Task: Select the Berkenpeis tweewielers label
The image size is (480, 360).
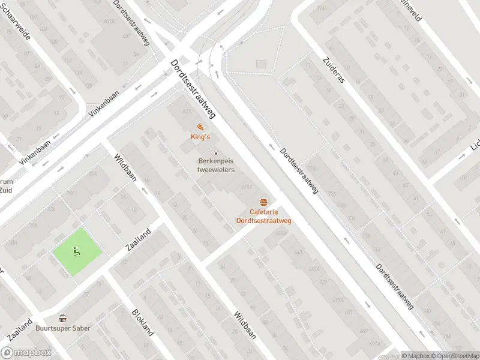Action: tap(216, 165)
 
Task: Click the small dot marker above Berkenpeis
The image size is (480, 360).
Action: tap(217, 152)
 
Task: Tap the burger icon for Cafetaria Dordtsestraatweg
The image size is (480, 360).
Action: tap(263, 202)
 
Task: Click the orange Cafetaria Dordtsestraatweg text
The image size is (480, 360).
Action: tap(263, 216)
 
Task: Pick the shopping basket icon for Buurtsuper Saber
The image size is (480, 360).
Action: tap(62, 318)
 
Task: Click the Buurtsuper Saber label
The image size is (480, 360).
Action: tap(62, 328)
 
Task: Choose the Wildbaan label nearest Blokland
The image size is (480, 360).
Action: tap(245, 325)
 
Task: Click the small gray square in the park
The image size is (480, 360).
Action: tap(260, 64)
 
